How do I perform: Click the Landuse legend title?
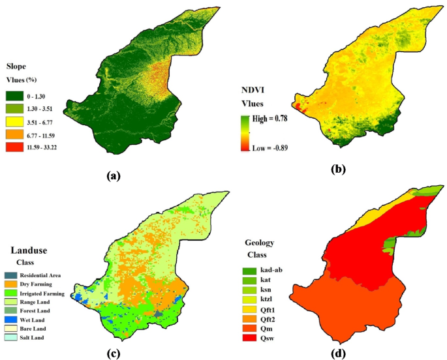29,249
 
